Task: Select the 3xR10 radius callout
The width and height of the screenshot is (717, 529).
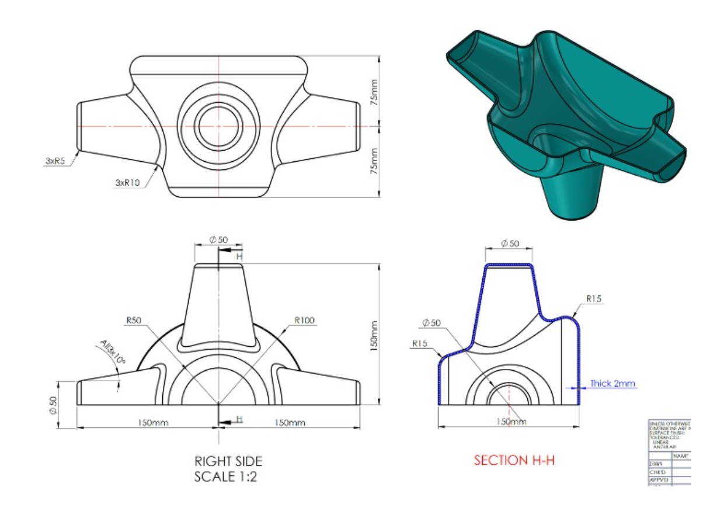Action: [127, 183]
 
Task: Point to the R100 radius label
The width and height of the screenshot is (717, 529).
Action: [304, 320]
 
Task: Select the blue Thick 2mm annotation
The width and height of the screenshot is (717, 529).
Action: [612, 384]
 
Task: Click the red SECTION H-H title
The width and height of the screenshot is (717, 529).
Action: [514, 460]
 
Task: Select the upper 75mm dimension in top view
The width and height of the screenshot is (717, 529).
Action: [375, 92]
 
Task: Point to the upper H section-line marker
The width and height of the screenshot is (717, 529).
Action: [239, 256]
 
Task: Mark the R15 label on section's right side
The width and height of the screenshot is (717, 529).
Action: [594, 299]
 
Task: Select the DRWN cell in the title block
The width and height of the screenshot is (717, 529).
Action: [656, 464]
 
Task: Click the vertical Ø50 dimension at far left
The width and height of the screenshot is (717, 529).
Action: [53, 405]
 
